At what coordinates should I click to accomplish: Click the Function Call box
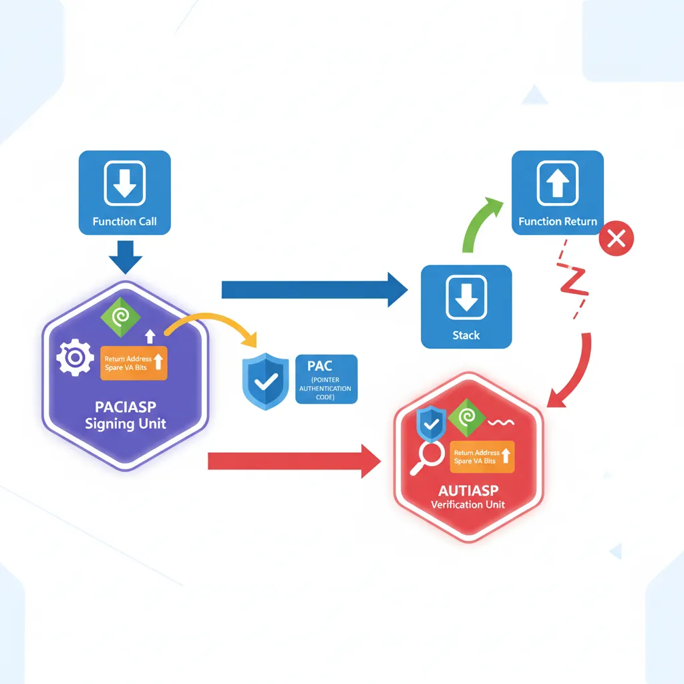[x=124, y=192]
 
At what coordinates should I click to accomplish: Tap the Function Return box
[x=557, y=192]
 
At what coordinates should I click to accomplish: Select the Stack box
[x=466, y=306]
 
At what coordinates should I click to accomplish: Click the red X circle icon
[x=617, y=238]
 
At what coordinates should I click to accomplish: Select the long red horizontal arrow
[x=294, y=461]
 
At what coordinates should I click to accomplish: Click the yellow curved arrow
[x=214, y=326]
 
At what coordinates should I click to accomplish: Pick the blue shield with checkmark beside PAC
[x=265, y=381]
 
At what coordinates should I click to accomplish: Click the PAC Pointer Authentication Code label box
[x=326, y=379]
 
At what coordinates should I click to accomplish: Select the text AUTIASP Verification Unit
[x=468, y=496]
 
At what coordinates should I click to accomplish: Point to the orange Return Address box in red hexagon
[x=480, y=457]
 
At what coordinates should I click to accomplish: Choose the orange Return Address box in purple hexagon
[x=134, y=363]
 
